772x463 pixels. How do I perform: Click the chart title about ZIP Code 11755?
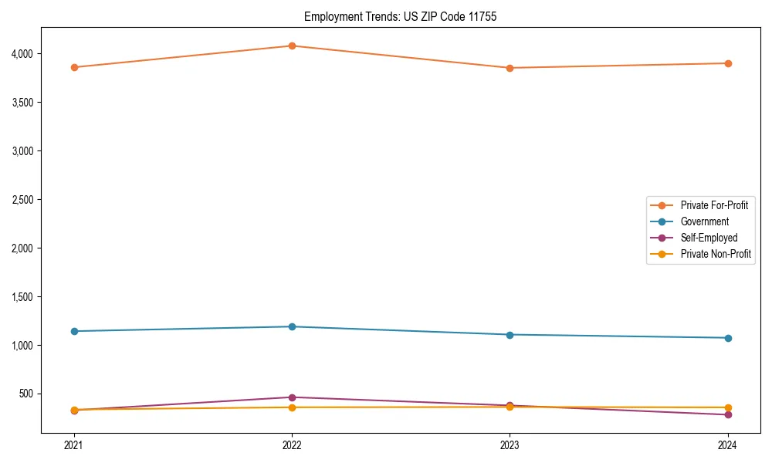[400, 16]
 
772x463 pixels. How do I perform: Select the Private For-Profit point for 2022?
[292, 46]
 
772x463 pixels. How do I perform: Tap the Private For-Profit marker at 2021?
[74, 67]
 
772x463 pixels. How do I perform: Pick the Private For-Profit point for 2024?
[728, 63]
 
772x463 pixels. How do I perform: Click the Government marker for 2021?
[74, 331]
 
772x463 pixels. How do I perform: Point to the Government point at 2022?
[292, 326]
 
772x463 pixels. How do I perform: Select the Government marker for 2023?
[510, 334]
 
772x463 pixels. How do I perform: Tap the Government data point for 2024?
[728, 338]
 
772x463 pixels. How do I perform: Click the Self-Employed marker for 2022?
[292, 397]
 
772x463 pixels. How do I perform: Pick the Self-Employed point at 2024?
[728, 414]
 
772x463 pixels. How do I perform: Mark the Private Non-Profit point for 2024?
[728, 407]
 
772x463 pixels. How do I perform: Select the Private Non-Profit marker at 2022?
[292, 407]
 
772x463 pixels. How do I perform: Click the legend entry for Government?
[704, 221]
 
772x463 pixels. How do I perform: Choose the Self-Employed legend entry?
[709, 238]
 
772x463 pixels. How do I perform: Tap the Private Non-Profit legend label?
[716, 254]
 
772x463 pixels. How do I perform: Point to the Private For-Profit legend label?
[714, 205]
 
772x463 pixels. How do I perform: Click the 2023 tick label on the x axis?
[510, 444]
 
